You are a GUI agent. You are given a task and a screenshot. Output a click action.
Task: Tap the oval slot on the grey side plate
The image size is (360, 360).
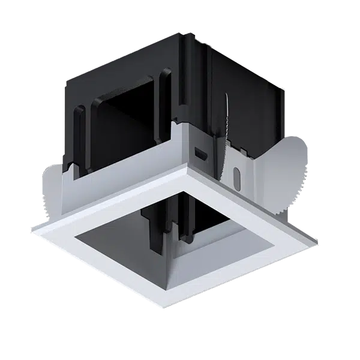(236, 179)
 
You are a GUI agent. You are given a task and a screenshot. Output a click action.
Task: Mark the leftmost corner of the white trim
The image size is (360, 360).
(31, 229)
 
